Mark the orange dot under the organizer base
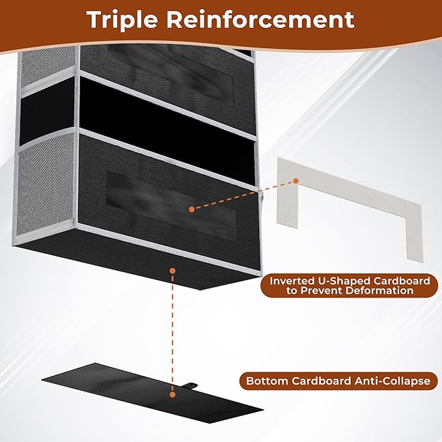172,269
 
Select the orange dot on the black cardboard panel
172,393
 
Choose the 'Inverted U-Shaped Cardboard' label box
350,286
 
